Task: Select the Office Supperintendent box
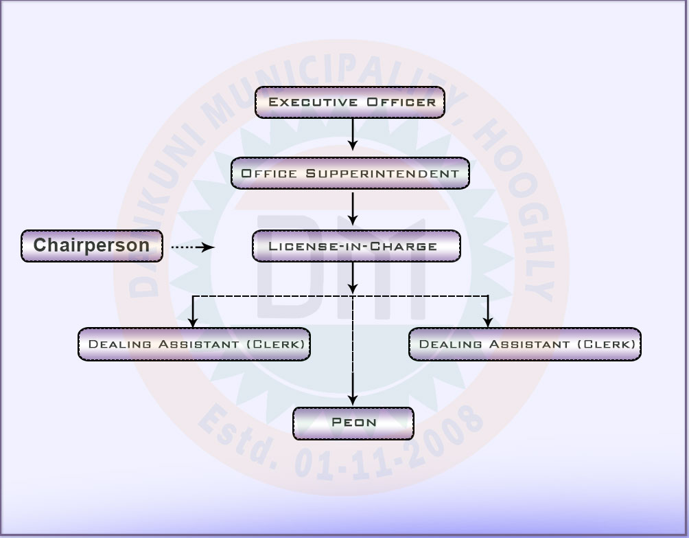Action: [x=350, y=174]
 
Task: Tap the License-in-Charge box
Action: [x=355, y=246]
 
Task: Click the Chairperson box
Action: [x=91, y=246]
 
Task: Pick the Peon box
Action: [x=353, y=423]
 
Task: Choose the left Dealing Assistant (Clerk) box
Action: [x=194, y=344]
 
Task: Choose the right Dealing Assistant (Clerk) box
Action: [x=524, y=344]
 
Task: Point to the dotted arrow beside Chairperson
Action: [x=192, y=247]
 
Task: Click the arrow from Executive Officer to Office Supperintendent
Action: [x=353, y=135]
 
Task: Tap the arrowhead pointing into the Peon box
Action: [x=353, y=400]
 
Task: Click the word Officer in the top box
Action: [x=401, y=102]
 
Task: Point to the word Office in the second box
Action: [x=270, y=174]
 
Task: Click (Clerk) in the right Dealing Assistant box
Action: [x=607, y=344]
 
